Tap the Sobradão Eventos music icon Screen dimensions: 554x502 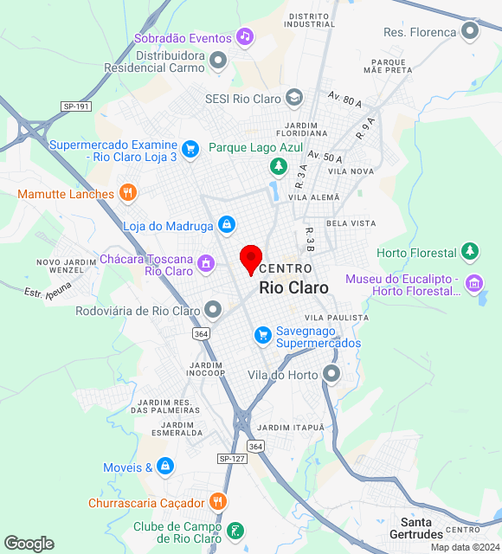[x=245, y=37]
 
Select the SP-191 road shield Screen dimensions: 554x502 [x=75, y=106]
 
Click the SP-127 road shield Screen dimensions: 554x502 [x=228, y=458]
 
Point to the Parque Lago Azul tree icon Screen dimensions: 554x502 [x=278, y=164]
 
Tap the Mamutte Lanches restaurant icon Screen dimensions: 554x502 [x=127, y=193]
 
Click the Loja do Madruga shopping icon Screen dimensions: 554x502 [x=227, y=225]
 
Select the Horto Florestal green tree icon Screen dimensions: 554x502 [x=470, y=252]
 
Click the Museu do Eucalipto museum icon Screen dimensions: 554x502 [x=473, y=283]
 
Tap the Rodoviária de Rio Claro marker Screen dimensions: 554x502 [x=213, y=310]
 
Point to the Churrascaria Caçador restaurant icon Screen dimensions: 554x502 [x=217, y=502]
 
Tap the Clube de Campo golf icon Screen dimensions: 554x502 [x=235, y=530]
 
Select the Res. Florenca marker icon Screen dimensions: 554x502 [x=470, y=32]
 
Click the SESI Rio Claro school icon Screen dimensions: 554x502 [x=294, y=98]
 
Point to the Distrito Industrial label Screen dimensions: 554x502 [x=312, y=20]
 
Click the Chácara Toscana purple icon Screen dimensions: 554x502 [x=206, y=262]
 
